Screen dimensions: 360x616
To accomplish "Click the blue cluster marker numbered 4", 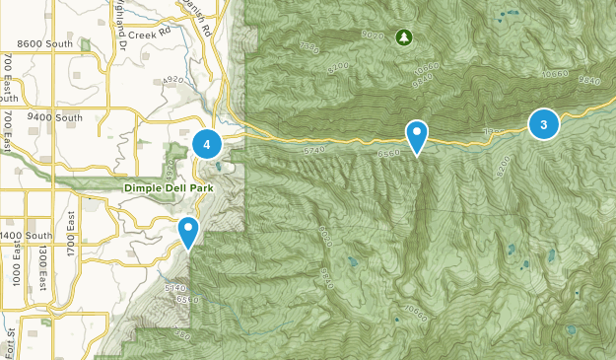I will coord(207,144).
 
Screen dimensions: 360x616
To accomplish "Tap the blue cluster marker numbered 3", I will coord(543,123).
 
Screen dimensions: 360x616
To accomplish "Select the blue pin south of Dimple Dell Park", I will coord(188,232).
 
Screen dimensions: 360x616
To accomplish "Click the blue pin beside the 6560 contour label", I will coord(418,135).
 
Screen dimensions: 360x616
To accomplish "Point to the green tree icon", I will coord(403,37).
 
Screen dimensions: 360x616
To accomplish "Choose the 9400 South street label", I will coord(56,117).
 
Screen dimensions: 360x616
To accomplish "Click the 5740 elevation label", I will coord(314,149).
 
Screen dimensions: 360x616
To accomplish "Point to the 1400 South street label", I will coord(27,236).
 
